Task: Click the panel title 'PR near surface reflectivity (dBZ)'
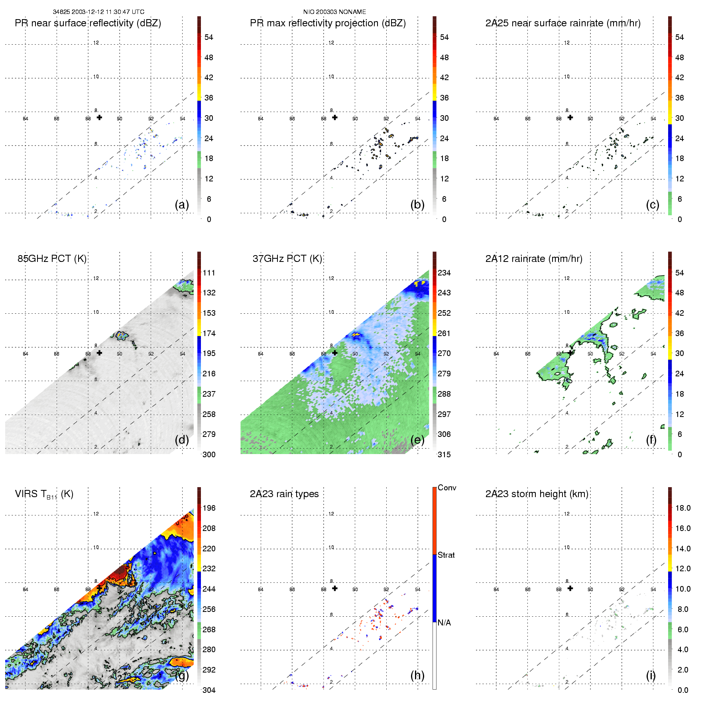88,23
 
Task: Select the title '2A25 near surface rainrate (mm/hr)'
563,23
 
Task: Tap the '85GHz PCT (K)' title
52,259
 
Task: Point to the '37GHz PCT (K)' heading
287,259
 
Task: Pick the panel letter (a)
182,205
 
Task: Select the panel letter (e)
417,440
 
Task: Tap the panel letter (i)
651,675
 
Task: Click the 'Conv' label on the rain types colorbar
447,488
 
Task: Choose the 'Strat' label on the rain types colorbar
446,555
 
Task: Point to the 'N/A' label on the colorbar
444,623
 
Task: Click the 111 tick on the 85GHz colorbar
209,273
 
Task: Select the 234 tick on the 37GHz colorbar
444,273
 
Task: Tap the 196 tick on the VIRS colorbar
209,508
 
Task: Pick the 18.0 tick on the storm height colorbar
683,508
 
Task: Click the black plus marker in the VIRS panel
99,588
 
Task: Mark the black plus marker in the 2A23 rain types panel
335,588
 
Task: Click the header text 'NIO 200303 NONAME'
334,12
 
